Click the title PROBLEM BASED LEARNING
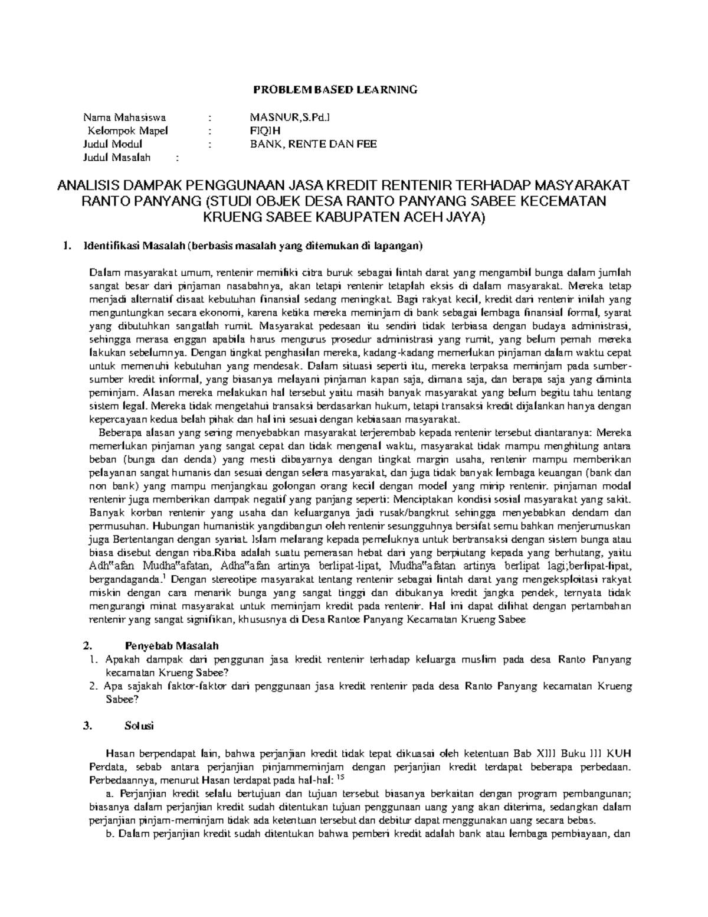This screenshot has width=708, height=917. [335, 90]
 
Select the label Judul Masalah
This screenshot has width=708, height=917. [117, 158]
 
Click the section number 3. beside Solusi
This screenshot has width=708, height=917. [88, 727]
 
